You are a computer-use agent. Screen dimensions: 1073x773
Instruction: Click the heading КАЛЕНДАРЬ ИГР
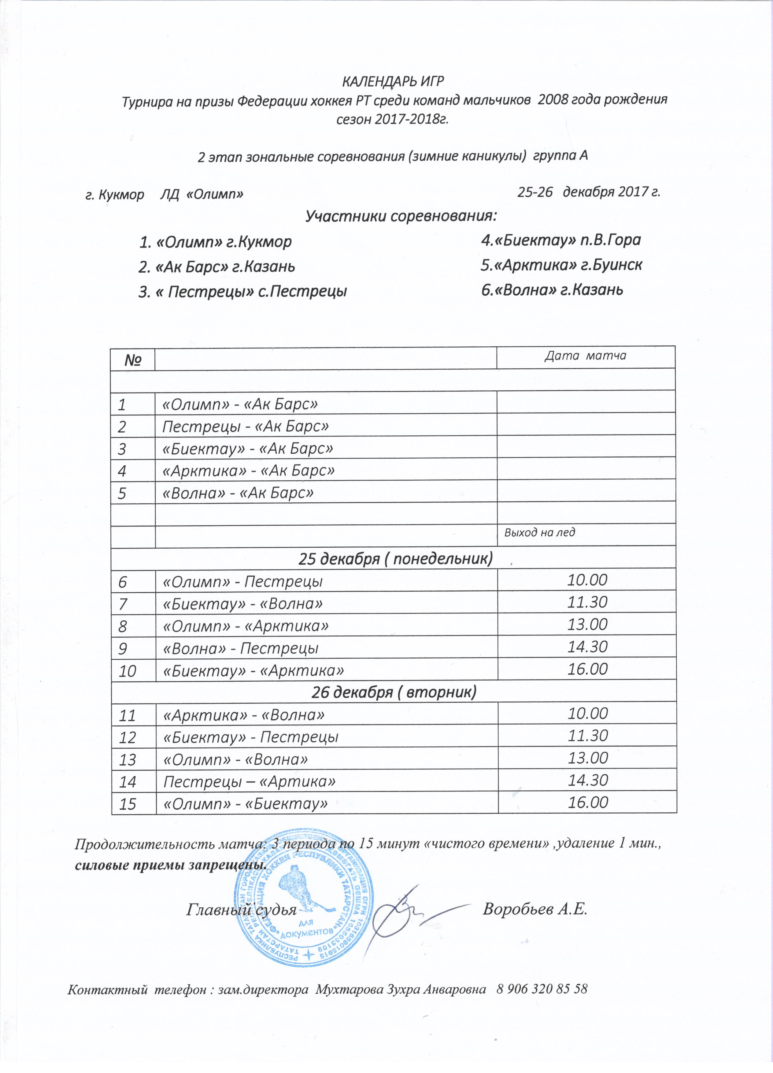click(393, 82)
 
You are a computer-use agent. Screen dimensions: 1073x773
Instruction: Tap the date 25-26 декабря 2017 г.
click(589, 192)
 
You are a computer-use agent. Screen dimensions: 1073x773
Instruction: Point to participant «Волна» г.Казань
click(552, 289)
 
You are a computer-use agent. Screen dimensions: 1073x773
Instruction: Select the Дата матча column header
click(585, 356)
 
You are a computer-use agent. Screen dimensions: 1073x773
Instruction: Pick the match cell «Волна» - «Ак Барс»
click(238, 493)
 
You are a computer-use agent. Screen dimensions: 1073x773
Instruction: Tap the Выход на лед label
click(539, 532)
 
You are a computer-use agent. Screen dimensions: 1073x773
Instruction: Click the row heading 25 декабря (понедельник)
click(395, 559)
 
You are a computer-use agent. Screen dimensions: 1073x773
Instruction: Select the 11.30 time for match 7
click(587, 602)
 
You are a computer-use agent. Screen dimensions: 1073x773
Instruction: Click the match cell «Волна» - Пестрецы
click(240, 648)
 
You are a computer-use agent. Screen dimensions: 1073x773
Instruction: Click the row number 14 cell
click(128, 781)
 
